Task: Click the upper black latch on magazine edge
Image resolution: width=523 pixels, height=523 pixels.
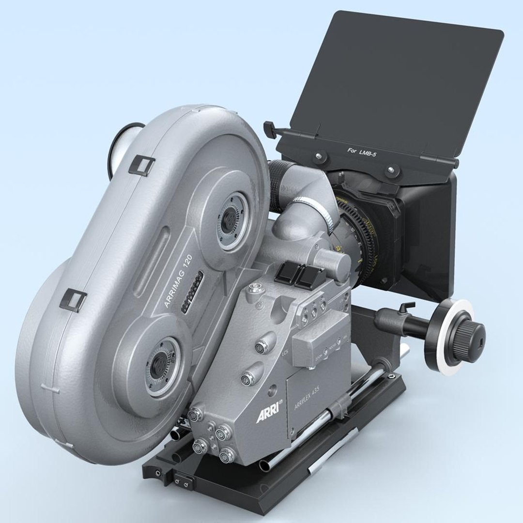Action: pos(143,165)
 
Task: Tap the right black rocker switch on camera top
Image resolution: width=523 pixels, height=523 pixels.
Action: pos(307,277)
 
